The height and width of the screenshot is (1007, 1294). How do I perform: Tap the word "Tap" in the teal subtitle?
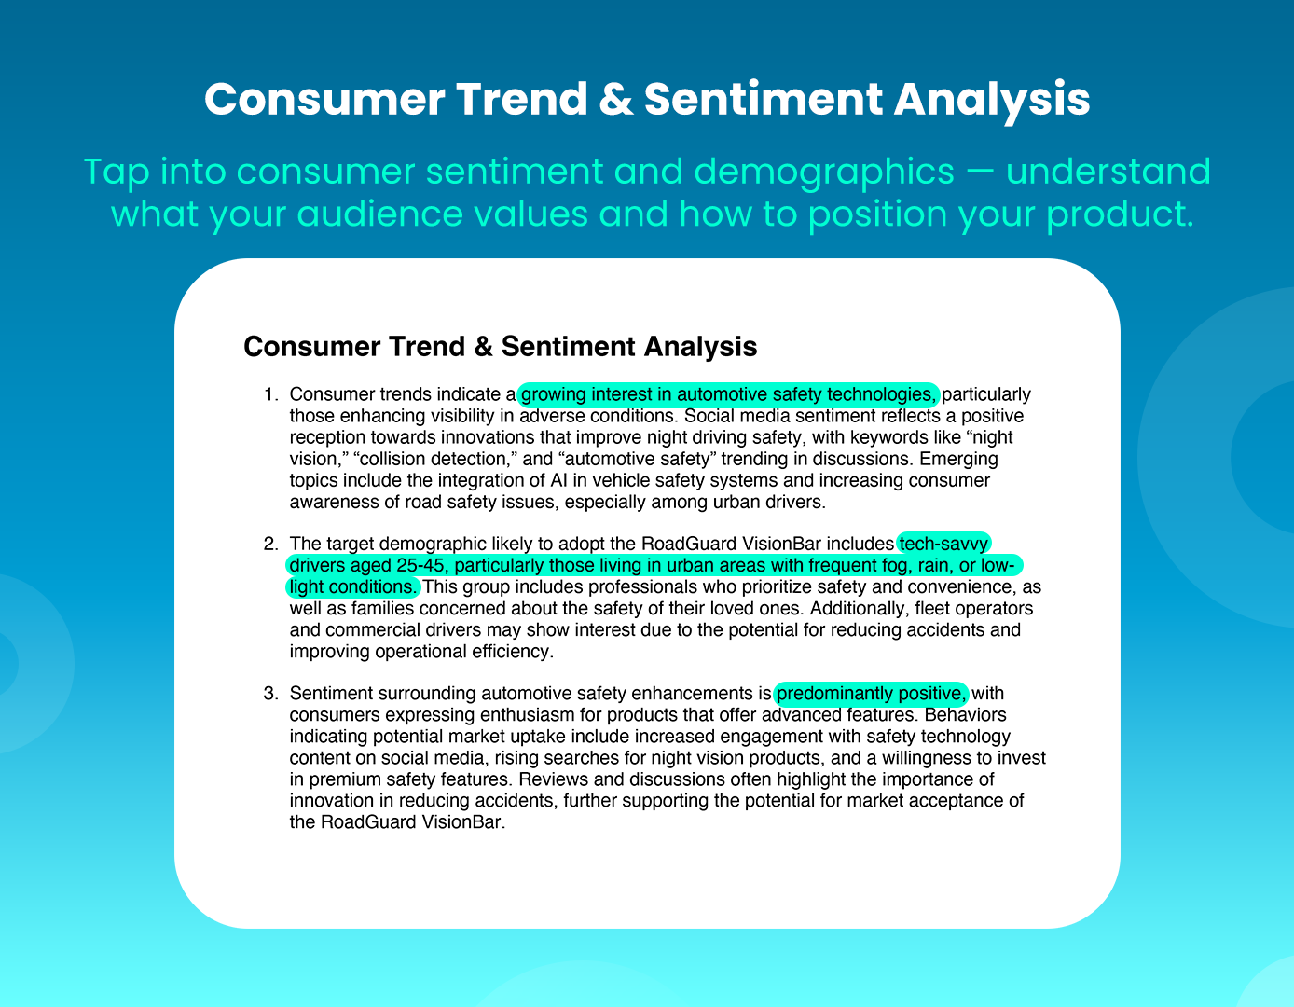pyautogui.click(x=117, y=172)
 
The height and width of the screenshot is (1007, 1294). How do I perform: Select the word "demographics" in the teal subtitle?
pyautogui.click(x=824, y=173)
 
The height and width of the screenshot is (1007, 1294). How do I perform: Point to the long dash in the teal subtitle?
pyautogui.click(x=980, y=172)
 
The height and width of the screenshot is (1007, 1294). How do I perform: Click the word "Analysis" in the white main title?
pyautogui.click(x=992, y=100)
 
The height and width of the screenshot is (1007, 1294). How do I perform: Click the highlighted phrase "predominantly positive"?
pyautogui.click(x=869, y=694)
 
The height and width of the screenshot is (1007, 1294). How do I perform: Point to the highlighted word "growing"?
pyautogui.click(x=553, y=395)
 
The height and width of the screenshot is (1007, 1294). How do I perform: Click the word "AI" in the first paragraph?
pyautogui.click(x=559, y=480)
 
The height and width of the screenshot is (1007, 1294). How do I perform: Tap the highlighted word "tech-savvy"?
pyautogui.click(x=943, y=545)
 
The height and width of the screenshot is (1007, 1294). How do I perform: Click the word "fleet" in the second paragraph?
pyautogui.click(x=932, y=608)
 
